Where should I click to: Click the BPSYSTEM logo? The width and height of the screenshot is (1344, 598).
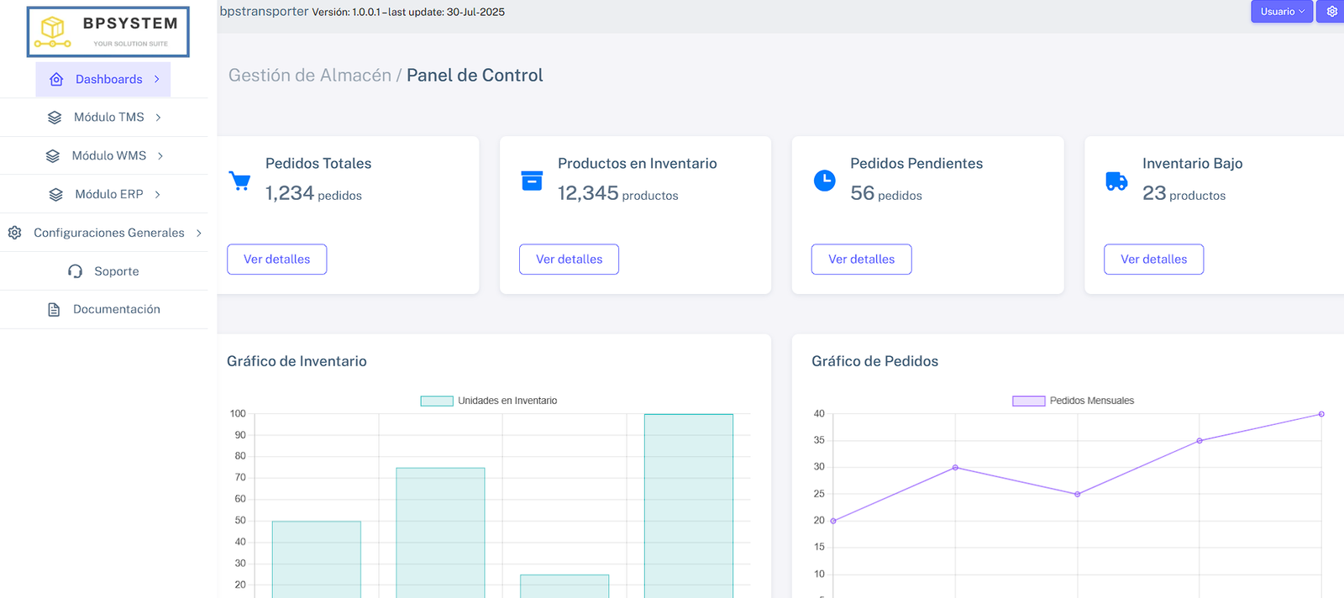[108, 32]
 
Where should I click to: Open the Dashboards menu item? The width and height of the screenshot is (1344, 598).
[103, 79]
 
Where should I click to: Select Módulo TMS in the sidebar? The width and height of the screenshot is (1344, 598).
[104, 118]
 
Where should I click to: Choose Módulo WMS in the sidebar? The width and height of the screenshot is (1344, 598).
[104, 156]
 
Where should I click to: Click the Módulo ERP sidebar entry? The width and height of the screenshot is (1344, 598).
[104, 194]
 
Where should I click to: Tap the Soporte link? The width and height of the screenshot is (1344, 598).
[104, 271]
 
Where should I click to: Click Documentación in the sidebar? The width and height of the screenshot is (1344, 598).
[104, 309]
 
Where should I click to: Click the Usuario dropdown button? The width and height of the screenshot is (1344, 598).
[1281, 12]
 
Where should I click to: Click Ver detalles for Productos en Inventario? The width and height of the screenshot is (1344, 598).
[569, 260]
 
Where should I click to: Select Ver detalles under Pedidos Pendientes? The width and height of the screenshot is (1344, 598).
[861, 260]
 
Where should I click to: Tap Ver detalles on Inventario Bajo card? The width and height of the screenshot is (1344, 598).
[1153, 260]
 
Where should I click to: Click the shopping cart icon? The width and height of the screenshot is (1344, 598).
[239, 181]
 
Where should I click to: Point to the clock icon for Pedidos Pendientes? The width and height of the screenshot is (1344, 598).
[825, 181]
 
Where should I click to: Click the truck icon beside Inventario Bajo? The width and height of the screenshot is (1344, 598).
[1116, 181]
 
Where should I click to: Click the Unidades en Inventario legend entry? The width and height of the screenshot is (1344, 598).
[489, 401]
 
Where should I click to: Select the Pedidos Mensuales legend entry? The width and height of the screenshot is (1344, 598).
[1074, 401]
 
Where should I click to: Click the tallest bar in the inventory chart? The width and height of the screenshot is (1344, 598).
[689, 504]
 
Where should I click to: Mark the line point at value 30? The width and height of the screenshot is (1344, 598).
[955, 468]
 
